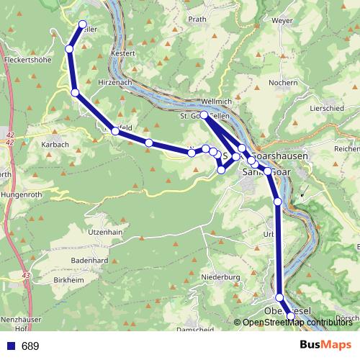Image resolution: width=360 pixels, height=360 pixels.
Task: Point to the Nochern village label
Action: pos(283,83)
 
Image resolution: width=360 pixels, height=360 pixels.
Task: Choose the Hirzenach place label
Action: pos(131,84)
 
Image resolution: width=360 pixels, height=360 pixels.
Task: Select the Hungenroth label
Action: pos(22,194)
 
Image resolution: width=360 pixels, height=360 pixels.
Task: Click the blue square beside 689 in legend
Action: pos(11,346)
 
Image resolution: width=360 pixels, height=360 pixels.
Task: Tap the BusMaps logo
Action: pos(326,346)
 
